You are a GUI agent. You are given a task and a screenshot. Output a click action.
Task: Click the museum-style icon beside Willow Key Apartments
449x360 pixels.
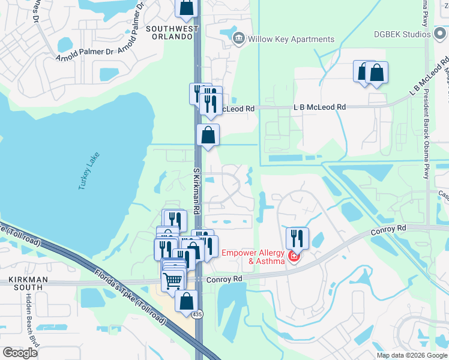pyautogui.click(x=239, y=40)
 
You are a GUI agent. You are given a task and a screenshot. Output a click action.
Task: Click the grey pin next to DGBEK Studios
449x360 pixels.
pyautogui.click(x=427, y=34)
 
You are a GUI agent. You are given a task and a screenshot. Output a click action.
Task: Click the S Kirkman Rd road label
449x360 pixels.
pyautogui.click(x=196, y=190)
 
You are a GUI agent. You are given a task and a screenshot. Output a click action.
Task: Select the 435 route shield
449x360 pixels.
pyautogui.click(x=196, y=314)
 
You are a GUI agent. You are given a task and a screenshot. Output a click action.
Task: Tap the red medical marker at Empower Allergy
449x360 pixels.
pyautogui.click(x=294, y=257)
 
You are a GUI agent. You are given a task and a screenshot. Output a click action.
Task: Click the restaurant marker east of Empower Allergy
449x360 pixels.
pyautogui.click(x=297, y=238)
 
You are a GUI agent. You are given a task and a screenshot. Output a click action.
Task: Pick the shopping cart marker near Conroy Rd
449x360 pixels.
pyautogui.click(x=173, y=280)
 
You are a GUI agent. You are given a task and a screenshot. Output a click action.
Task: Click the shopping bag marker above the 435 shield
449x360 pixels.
pyautogui.click(x=187, y=301)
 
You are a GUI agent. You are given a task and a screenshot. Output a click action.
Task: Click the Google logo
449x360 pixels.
pyautogui.click(x=20, y=353)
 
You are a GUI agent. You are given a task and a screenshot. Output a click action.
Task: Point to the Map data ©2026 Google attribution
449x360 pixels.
pyautogui.click(x=411, y=355)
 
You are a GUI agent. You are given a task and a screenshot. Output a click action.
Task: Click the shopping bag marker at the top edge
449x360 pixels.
pyautogui.click(x=187, y=7)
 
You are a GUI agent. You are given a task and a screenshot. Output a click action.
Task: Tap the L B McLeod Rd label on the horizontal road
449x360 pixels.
pyautogui.click(x=319, y=107)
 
